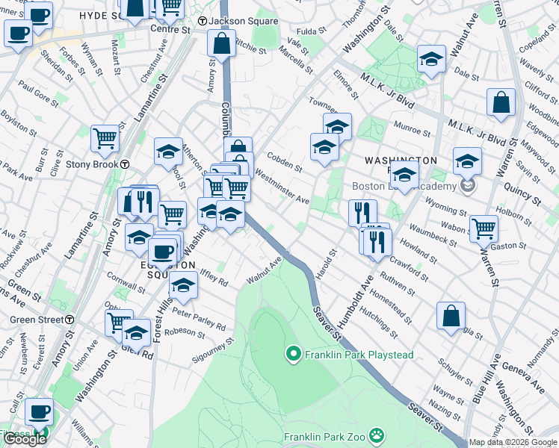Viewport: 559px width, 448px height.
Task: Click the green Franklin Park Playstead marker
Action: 294,355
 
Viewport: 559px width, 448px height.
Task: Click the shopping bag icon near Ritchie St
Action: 222,45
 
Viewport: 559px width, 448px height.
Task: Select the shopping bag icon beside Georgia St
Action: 451,316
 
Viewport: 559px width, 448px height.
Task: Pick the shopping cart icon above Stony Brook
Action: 105,138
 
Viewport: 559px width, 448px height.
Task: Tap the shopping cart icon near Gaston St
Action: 484,228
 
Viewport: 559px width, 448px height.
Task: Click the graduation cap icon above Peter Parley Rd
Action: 182,285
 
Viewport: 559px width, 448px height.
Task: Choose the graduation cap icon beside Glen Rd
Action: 137,332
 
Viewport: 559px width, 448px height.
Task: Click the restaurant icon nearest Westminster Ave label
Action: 362,213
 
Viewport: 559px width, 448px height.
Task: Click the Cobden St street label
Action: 284,163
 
